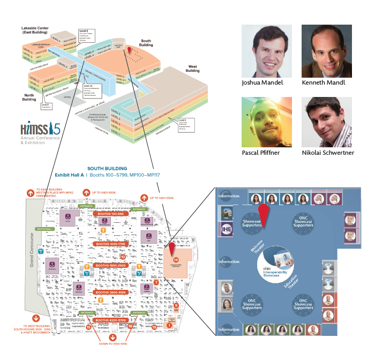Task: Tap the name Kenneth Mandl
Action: (323, 83)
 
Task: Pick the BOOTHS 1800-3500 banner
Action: (111, 266)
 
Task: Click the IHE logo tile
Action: (224, 232)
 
